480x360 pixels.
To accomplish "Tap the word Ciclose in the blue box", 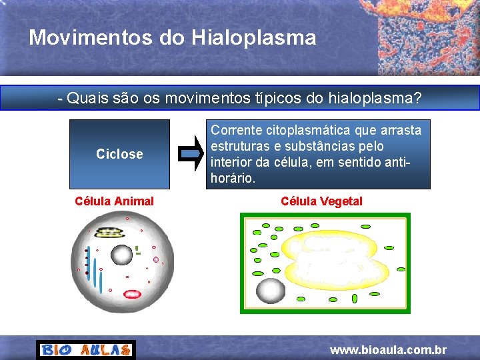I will coord(119,154).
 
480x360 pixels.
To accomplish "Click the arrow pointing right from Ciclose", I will coord(192,154).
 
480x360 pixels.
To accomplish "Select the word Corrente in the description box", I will coord(236,129).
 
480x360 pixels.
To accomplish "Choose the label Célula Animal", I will coord(114,201).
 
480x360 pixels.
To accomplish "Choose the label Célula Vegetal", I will coord(321,201).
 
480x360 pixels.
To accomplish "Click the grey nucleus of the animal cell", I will coord(121,254).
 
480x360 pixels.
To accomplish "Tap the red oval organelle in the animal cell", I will coord(133,294).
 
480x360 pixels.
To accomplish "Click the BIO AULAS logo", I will coord(85,350).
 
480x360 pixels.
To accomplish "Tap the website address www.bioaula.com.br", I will coord(388,350).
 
